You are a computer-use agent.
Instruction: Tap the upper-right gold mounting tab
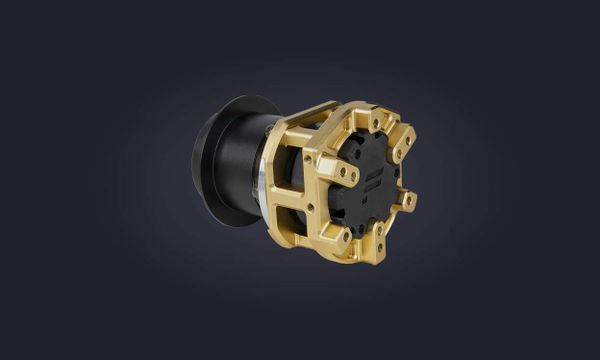click(x=404, y=140)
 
